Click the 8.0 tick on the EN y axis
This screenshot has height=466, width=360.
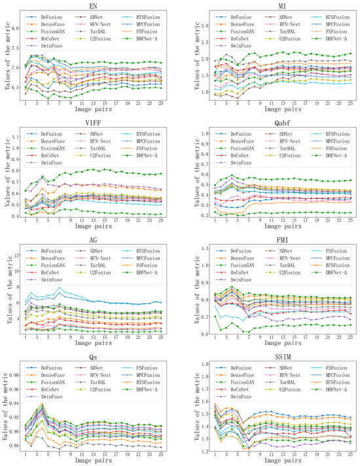click(x=13, y=29)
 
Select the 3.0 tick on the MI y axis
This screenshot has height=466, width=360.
click(x=192, y=26)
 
